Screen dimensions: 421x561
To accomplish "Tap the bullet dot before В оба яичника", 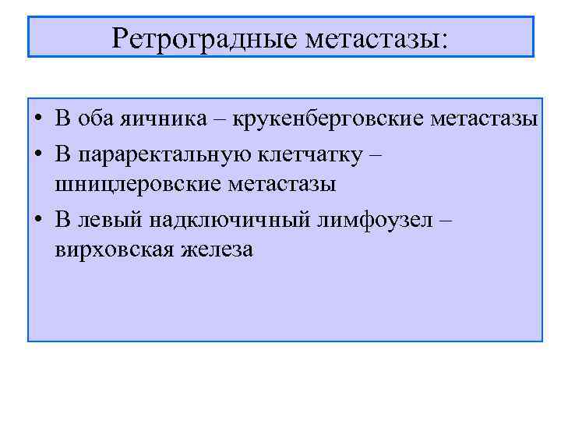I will [38, 120].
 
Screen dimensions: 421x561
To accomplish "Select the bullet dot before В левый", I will [38, 219].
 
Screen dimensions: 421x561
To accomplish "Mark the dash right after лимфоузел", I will [444, 218].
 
